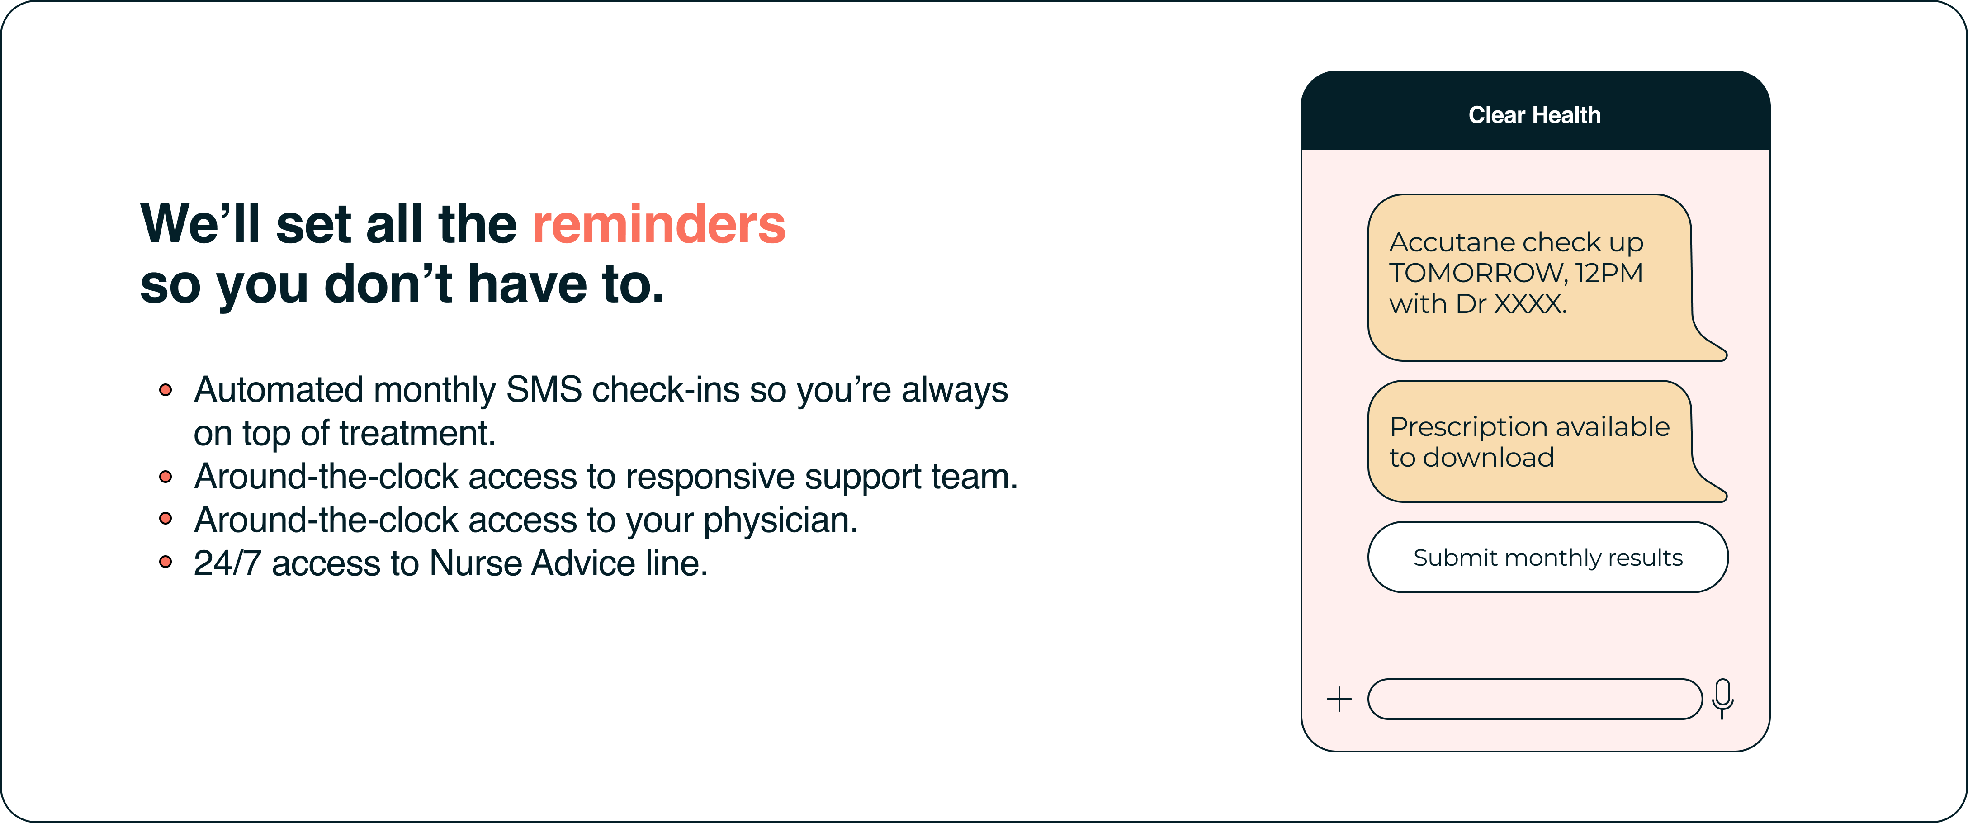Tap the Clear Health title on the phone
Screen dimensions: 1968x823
coord(1534,114)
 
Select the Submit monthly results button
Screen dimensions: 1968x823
coord(1548,557)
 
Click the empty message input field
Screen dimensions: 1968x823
coord(1535,699)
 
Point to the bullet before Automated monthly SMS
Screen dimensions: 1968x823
coord(165,390)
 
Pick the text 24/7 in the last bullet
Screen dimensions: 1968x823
coord(227,563)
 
